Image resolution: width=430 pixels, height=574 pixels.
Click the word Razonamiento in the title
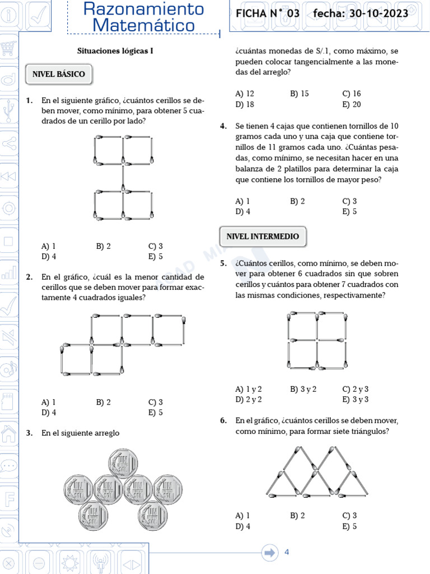coord(143,9)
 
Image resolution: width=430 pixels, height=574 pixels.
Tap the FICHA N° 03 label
coord(268,13)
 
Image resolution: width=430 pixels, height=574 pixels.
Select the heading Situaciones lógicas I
coord(115,51)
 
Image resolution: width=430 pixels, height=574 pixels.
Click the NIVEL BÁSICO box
coord(59,74)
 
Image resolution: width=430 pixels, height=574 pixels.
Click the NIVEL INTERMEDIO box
coord(263,237)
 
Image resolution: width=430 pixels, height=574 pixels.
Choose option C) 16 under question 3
coord(352,94)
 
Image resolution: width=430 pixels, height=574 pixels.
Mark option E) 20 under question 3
coord(352,104)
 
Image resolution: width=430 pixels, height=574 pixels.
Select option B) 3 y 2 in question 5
coord(303,389)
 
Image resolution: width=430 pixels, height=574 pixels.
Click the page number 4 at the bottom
coord(287,552)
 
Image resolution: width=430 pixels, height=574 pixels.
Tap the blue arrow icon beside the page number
coord(270,552)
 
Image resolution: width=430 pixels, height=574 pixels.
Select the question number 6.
coord(223,420)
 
